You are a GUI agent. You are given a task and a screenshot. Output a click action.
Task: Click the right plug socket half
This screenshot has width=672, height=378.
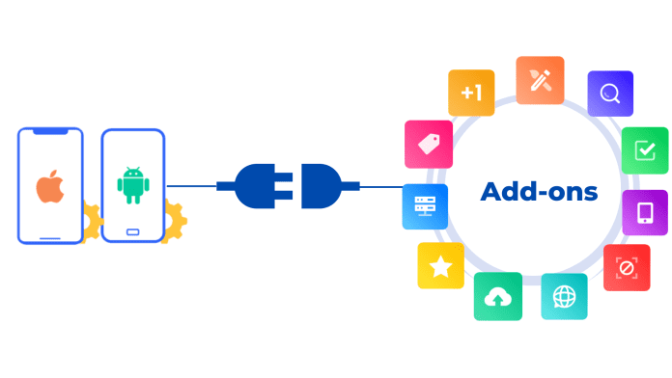[x=322, y=185]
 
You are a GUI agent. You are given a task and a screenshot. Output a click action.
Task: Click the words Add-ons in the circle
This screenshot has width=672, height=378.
[x=539, y=191]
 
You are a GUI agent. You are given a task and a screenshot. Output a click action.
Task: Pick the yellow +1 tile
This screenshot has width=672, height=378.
[x=471, y=94]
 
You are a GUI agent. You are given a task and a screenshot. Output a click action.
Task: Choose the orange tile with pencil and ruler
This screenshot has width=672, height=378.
[x=540, y=80]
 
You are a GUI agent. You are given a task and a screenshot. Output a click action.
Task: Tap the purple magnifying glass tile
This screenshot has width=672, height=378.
[x=609, y=94]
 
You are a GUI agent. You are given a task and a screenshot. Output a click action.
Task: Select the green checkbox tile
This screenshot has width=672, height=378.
[x=644, y=150]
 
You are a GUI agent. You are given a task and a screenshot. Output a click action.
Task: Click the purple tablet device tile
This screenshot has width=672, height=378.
[x=644, y=212]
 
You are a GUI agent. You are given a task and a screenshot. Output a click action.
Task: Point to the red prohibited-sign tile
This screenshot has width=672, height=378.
[x=626, y=268]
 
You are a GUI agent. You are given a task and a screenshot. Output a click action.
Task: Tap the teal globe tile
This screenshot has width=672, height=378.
[x=564, y=296]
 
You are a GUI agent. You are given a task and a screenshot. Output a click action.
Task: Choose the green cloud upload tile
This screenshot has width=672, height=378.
[x=498, y=296]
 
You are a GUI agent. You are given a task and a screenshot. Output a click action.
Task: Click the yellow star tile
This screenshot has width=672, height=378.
[x=440, y=265]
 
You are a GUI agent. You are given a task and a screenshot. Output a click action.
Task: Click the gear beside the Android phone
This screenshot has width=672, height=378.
[x=176, y=219]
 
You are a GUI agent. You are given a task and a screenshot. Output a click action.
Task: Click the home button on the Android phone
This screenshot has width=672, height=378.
[x=132, y=232]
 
